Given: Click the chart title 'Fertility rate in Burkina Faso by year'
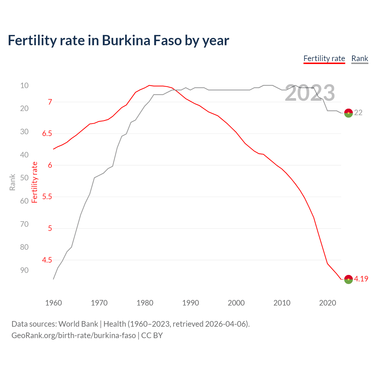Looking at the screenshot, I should (x=118, y=41).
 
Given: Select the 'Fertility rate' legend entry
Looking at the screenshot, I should (x=324, y=58).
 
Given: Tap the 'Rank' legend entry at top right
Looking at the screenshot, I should (x=360, y=58).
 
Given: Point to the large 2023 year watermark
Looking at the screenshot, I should (x=310, y=93).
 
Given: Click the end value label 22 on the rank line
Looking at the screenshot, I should (x=358, y=113).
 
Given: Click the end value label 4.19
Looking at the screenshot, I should (x=361, y=279).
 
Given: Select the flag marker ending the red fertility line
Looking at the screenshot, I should (x=348, y=279).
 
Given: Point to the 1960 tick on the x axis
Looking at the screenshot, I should (x=53, y=303).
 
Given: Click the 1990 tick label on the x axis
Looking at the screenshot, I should (x=190, y=303).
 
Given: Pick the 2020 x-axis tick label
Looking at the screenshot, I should (x=327, y=303).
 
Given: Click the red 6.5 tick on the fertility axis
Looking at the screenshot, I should (x=47, y=134).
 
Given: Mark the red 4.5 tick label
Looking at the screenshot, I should (x=47, y=260).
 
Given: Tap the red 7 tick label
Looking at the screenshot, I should (x=50, y=102).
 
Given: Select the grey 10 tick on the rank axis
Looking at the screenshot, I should (x=24, y=85).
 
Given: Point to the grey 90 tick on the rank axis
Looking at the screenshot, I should (x=24, y=270).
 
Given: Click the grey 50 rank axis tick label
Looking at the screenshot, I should (x=24, y=178).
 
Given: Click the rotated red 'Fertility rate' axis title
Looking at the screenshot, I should (x=35, y=182).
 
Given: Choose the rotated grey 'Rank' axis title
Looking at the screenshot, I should (x=12, y=182).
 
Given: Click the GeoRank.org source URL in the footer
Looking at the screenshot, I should (x=73, y=335).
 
